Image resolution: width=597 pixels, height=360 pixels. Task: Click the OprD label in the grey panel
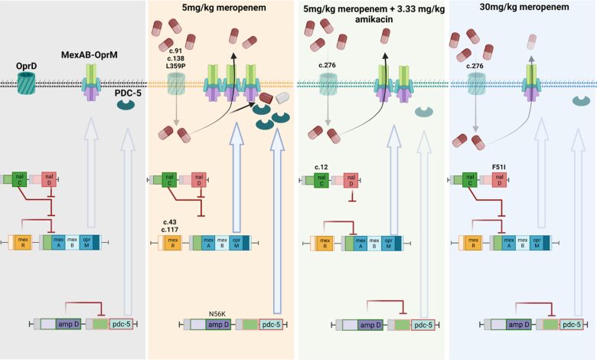(26, 67)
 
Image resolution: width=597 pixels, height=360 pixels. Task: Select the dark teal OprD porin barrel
(26, 83)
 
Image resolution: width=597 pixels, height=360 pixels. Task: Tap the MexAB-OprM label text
(90, 55)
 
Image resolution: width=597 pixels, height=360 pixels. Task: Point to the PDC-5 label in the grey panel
(128, 93)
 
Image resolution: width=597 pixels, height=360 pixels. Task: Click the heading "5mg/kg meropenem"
(223, 8)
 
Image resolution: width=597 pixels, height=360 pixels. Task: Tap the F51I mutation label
(499, 167)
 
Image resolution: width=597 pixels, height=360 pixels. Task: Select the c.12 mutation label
(321, 167)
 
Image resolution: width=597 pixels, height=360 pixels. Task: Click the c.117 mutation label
(170, 230)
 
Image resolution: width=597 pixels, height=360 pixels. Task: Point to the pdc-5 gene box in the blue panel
(572, 325)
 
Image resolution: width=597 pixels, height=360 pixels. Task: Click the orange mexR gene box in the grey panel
(23, 242)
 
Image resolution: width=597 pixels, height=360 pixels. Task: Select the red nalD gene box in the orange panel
(199, 179)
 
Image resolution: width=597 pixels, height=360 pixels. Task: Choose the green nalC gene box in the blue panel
(470, 180)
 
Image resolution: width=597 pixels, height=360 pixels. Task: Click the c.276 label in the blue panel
(475, 66)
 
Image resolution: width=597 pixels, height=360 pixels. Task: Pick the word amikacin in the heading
(374, 19)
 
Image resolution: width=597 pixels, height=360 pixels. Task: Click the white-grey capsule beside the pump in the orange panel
(283, 98)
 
